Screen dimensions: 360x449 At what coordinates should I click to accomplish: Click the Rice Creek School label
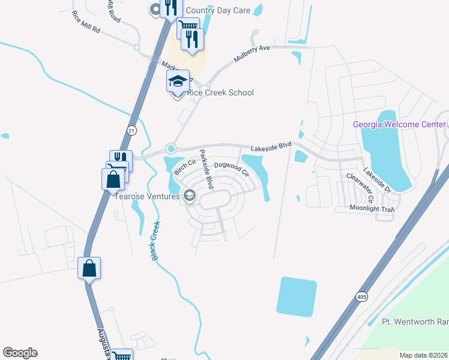point(220,92)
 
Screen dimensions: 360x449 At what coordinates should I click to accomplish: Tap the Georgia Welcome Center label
point(399,125)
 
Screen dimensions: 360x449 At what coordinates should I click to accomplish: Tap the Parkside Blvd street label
point(206,170)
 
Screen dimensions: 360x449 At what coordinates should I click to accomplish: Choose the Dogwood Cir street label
point(232,168)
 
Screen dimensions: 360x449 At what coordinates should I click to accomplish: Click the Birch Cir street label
point(185,166)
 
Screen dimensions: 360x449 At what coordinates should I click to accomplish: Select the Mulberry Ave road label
point(252,56)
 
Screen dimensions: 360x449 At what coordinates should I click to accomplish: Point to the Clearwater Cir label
point(360,187)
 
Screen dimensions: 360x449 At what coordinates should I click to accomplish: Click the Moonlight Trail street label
point(372,209)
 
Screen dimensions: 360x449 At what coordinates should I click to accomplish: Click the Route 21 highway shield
point(132,130)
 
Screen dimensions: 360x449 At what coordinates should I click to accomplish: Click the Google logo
point(20,353)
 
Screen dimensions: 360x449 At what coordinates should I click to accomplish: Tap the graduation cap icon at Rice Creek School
point(178,81)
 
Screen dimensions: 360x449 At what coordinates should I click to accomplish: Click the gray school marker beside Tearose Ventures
point(190,195)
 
